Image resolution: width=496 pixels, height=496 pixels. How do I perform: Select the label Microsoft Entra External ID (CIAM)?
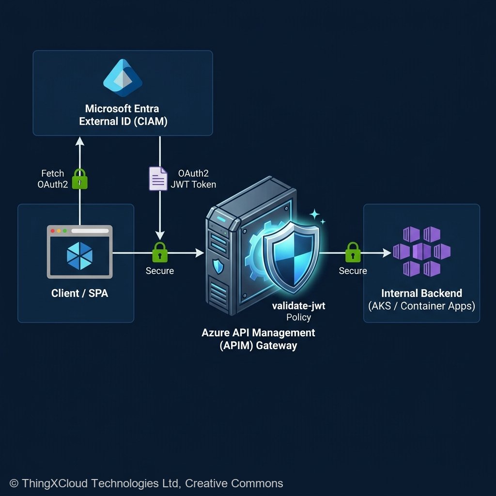tap(123, 115)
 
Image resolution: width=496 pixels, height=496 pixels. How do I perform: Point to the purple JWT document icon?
tap(157, 178)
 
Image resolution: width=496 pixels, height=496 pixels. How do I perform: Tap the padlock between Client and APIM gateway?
tap(160, 252)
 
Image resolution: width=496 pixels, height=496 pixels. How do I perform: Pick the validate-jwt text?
tap(298, 307)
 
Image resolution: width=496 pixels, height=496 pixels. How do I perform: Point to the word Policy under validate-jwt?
tap(298, 318)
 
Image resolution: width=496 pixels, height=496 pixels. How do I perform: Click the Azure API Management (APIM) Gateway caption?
tap(258, 339)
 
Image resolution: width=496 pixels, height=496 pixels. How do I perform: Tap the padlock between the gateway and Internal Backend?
tap(353, 252)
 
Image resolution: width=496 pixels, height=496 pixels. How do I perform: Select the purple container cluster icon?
tap(421, 251)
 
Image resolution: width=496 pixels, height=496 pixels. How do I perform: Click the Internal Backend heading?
tap(421, 293)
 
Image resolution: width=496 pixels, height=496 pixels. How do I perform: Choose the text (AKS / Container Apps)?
tap(421, 306)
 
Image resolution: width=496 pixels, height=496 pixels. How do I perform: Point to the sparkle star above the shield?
tap(315, 214)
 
